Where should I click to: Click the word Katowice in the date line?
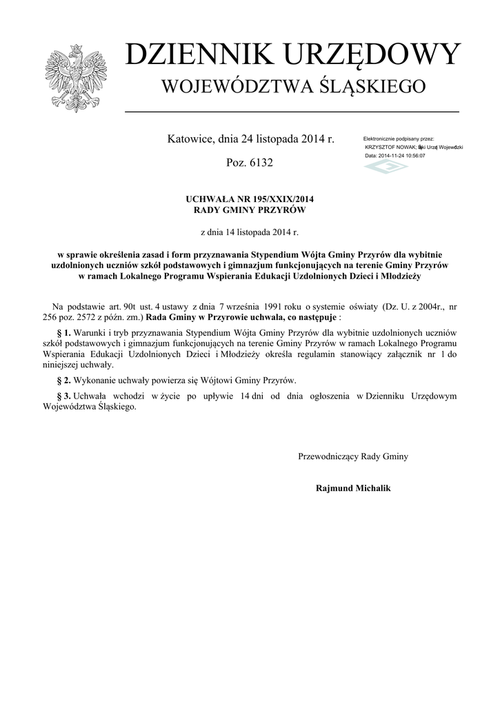click(x=191, y=139)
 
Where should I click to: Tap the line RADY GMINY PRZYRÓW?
click(x=250, y=210)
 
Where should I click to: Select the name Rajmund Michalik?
click(x=353, y=488)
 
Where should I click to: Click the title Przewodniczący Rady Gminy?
click(x=353, y=456)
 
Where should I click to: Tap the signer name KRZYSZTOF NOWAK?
click(x=386, y=148)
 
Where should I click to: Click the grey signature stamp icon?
click(x=386, y=166)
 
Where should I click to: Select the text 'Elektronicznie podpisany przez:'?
click(x=398, y=139)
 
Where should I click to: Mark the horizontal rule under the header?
click(x=292, y=111)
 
